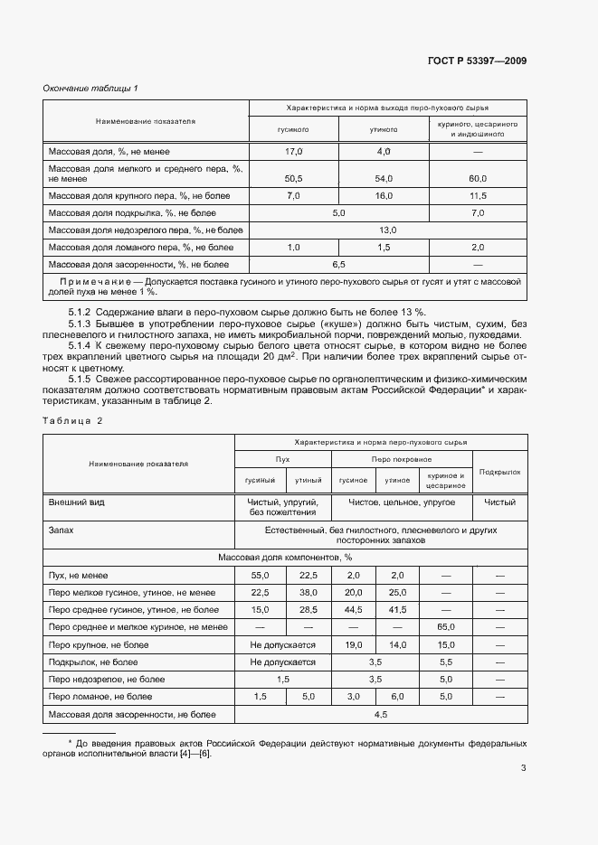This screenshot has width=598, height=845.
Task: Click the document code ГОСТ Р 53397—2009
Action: pyautogui.click(x=476, y=61)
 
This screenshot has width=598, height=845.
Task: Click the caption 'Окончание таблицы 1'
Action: pyautogui.click(x=90, y=88)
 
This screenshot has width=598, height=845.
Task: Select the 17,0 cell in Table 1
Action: pyautogui.click(x=293, y=152)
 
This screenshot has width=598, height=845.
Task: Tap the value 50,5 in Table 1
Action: pyautogui.click(x=293, y=179)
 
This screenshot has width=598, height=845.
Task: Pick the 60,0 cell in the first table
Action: pyautogui.click(x=477, y=179)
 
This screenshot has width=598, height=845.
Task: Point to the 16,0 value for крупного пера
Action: pyautogui.click(x=383, y=196)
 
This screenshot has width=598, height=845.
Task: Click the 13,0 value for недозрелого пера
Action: pyautogui.click(x=388, y=230)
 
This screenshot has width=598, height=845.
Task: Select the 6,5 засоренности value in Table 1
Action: pyautogui.click(x=339, y=265)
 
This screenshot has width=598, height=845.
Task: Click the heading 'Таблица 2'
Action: pyautogui.click(x=73, y=421)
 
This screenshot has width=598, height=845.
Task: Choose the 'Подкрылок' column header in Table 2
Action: pyautogui.click(x=500, y=471)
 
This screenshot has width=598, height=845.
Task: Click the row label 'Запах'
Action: pyautogui.click(x=62, y=532)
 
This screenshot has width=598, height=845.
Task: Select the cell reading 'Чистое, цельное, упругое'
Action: pyautogui.click(x=403, y=502)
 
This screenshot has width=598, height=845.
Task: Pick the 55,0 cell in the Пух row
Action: pyautogui.click(x=261, y=576)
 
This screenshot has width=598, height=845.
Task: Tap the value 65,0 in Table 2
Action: pyautogui.click(x=445, y=627)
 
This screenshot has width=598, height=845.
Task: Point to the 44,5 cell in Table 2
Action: pyautogui.click(x=353, y=610)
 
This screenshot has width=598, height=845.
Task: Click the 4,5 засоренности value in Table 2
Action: pyautogui.click(x=381, y=715)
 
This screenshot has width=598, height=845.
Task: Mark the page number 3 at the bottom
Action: pyautogui.click(x=523, y=769)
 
